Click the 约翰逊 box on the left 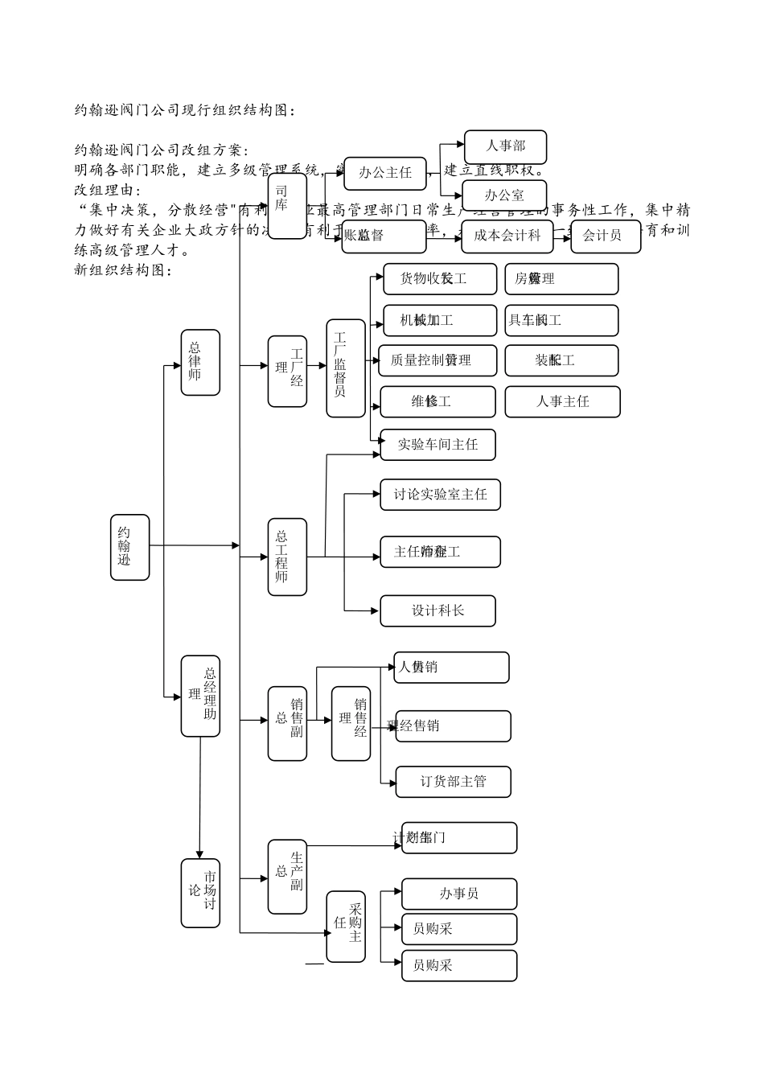point(129,547)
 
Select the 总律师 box point(200,362)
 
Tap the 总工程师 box point(287,557)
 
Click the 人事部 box point(505,147)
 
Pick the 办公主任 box point(384,173)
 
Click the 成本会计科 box point(507,236)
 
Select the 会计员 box point(605,236)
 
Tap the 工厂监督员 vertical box point(345,368)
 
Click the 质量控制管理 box point(437,360)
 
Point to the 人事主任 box point(562,401)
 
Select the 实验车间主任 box point(437,445)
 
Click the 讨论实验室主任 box point(440,495)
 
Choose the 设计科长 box point(437,611)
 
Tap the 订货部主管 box point(453,782)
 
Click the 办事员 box point(458,894)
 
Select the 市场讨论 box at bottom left point(200,893)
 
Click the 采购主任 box point(345,927)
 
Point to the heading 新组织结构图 point(122,270)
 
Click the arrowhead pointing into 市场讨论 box point(199,854)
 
